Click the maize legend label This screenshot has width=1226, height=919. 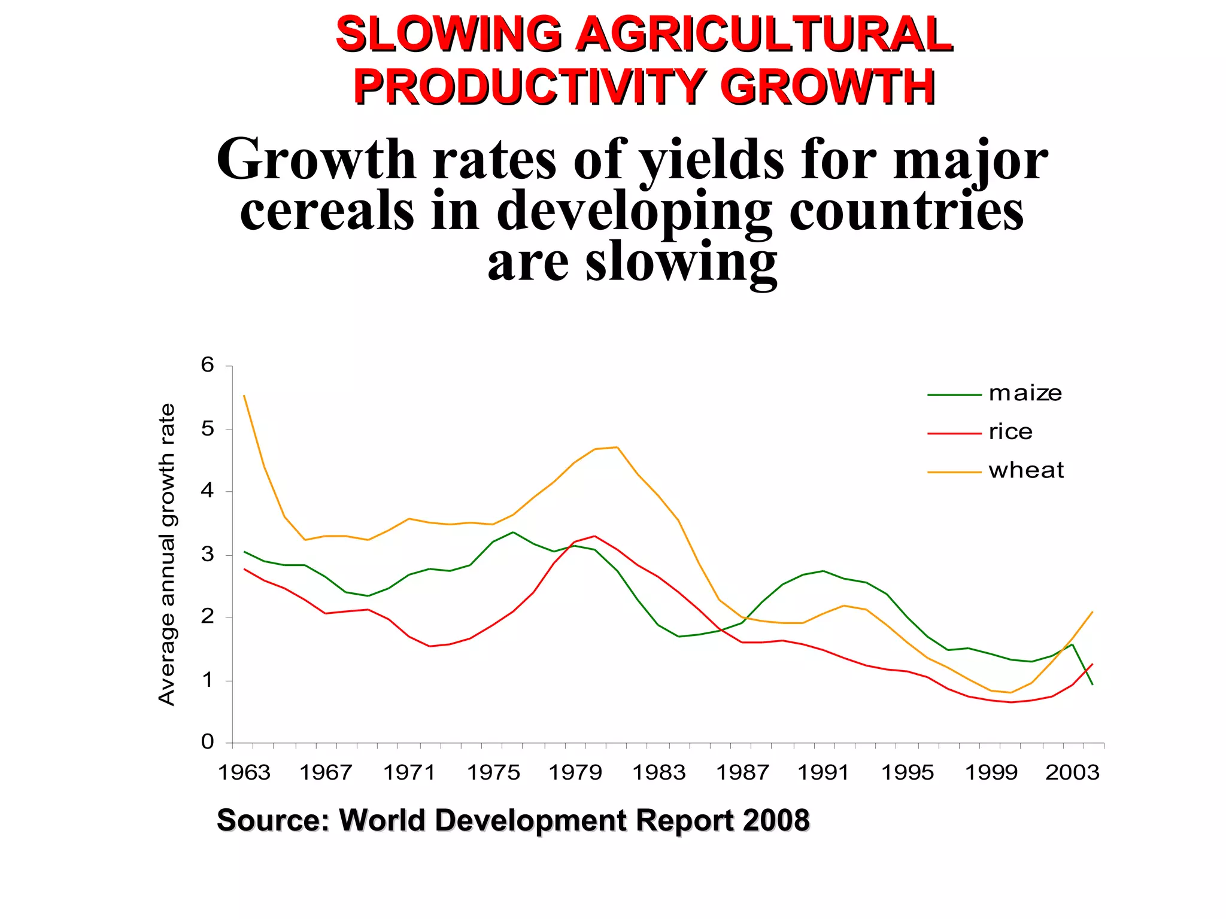pos(1025,394)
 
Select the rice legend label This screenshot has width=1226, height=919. pos(1010,432)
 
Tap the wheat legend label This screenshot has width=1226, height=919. pos(1026,470)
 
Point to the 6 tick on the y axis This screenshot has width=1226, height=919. pos(207,365)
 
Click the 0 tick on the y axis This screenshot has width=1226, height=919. pos(207,742)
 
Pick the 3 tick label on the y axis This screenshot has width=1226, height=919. pos(207,554)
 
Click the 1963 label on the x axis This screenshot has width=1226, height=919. pos(244,772)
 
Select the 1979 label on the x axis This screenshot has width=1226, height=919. pos(575,772)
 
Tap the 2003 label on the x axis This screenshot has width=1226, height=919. pos(1072,772)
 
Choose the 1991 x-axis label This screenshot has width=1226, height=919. pos(823,772)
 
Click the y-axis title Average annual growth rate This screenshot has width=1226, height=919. pos(167,554)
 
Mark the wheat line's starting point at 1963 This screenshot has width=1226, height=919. pos(244,395)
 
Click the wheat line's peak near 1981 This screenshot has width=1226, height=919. pos(617,447)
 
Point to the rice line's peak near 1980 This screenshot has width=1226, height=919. pos(594,536)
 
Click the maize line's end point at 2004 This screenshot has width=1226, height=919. pos(1093,684)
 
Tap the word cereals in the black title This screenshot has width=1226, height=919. pos(327,211)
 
